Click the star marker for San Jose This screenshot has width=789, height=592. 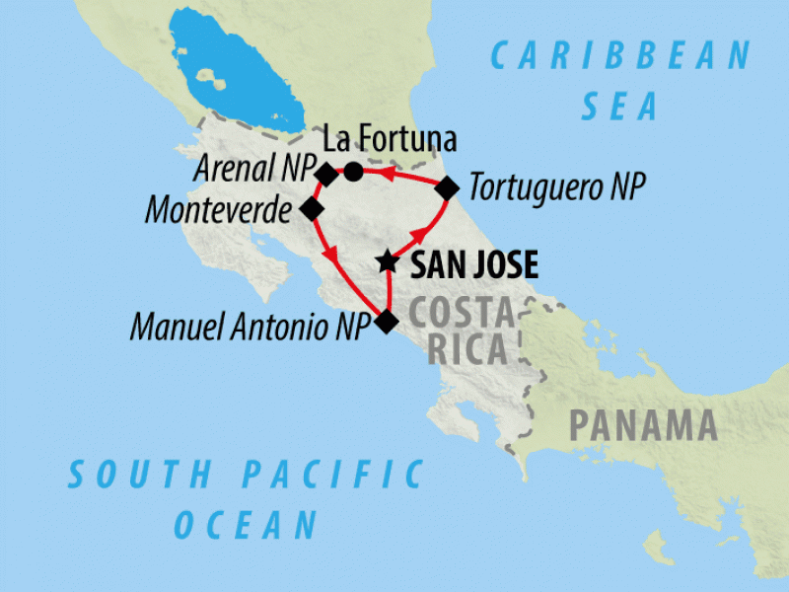(x=388, y=262)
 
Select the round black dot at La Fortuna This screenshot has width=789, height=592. (x=353, y=172)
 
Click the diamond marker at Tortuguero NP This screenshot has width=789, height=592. (x=447, y=187)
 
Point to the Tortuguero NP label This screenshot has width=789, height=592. (x=557, y=186)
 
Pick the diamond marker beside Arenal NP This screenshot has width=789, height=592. (x=326, y=174)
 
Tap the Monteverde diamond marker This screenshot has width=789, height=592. (x=312, y=209)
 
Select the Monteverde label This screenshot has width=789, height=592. (x=219, y=209)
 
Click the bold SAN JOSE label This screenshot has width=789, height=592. (x=474, y=264)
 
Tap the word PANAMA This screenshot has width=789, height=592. (x=642, y=426)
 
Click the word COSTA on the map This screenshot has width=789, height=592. (x=461, y=313)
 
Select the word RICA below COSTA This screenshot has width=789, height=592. (x=468, y=349)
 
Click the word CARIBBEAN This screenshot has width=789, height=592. (x=621, y=56)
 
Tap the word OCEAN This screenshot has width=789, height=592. (x=247, y=524)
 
